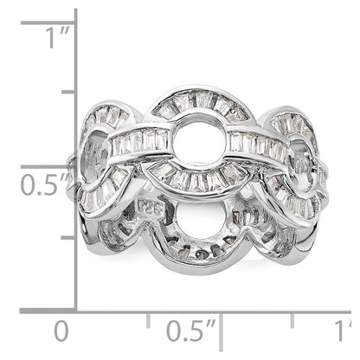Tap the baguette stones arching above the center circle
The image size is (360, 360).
201,103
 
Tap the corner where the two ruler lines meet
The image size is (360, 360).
75,310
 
